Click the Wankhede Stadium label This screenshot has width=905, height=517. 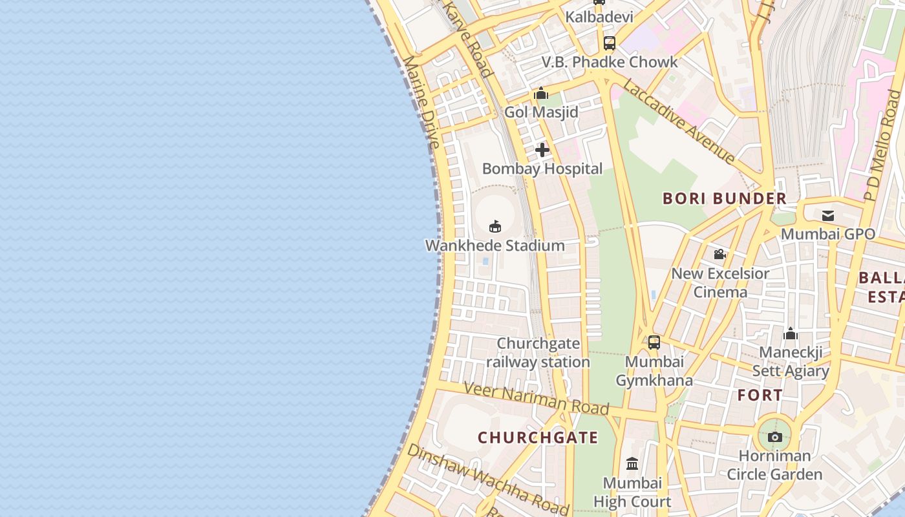coord(495,246)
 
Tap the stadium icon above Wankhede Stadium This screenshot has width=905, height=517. coord(495,226)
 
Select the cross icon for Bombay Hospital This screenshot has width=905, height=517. coord(542,151)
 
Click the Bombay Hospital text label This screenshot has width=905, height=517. coord(542,169)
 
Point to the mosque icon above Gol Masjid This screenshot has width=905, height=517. coord(541,94)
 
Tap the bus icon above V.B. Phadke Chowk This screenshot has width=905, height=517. coord(609,43)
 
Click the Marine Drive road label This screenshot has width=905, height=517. coord(421,101)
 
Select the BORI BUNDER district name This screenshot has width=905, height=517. coord(725,198)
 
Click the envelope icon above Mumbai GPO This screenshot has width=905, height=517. coord(828,216)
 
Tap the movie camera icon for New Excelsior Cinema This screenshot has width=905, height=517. coord(719,255)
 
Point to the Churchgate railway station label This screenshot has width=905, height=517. coord(538,353)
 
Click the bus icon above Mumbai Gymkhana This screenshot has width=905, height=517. coord(654,343)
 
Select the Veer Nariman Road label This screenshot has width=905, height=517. coord(537,397)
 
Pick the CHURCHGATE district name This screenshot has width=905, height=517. coord(538,438)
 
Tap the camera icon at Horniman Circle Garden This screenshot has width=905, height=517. coord(774,438)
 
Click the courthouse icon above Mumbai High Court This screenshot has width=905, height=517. coord(632,463)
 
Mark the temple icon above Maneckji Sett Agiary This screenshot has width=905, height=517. coord(790,334)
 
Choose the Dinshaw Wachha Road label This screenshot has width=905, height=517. coord(488,478)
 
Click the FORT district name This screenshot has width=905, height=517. coord(760,395)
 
